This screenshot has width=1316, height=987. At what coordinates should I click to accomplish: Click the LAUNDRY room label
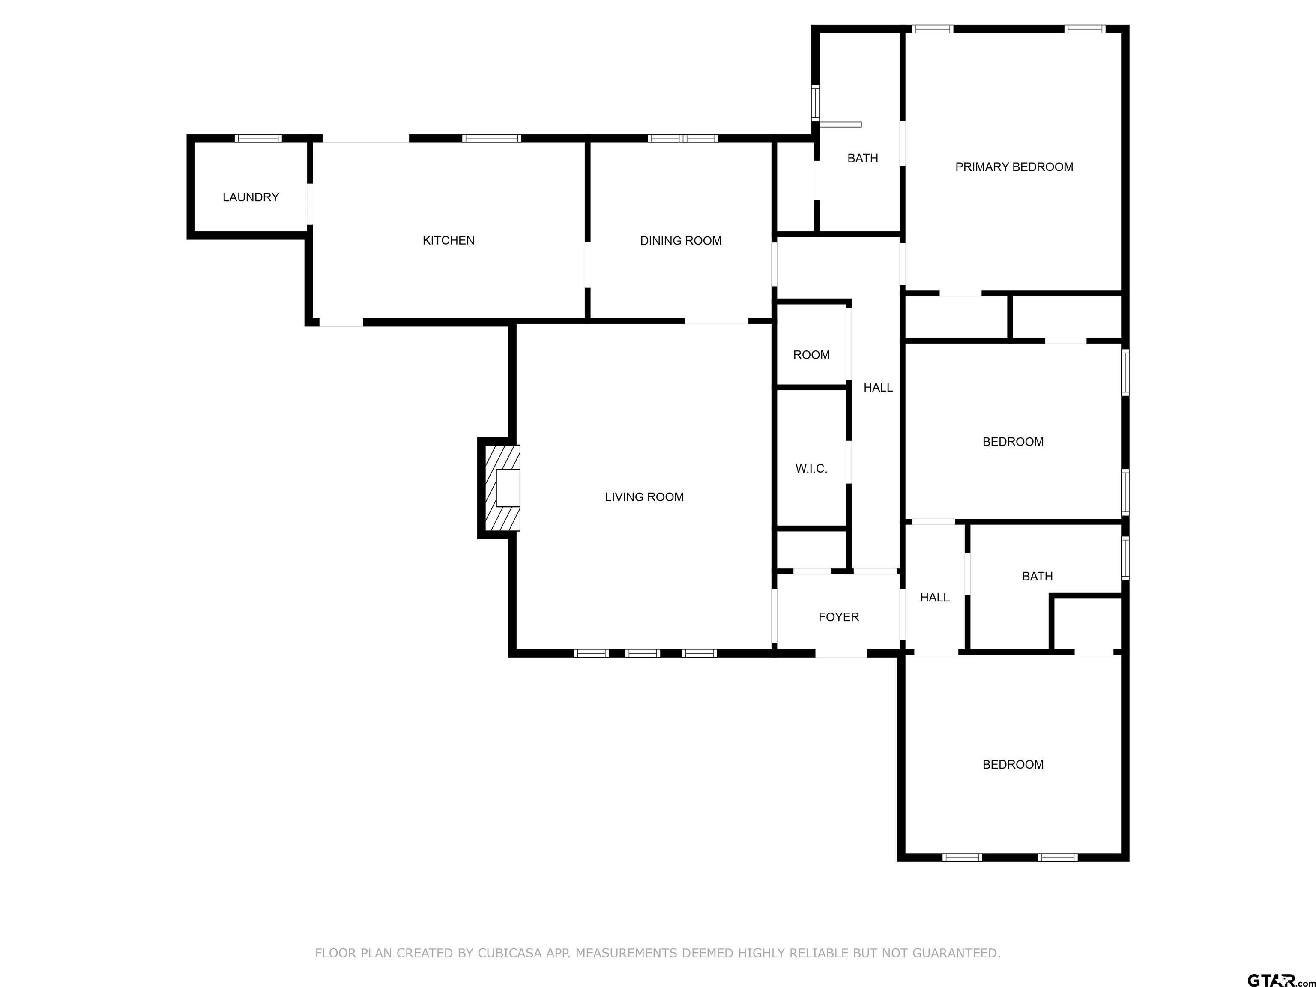[x=251, y=197]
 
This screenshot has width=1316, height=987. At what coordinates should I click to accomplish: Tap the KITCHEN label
[x=449, y=240]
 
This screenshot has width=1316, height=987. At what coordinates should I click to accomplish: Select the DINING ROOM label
[x=681, y=241]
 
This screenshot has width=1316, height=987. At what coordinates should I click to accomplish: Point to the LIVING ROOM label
[x=644, y=497]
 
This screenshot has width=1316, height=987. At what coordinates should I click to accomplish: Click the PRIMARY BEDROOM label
[x=1014, y=167]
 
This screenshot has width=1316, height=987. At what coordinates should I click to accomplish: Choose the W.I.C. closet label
[x=811, y=469]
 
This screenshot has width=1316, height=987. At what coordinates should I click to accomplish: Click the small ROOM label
[x=811, y=355]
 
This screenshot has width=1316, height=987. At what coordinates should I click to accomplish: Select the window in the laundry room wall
[x=258, y=138]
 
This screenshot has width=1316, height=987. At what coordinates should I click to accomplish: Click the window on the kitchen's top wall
[x=492, y=138]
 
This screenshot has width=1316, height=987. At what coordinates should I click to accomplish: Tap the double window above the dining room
[x=683, y=138]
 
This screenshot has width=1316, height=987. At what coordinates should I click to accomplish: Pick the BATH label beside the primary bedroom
[x=863, y=158]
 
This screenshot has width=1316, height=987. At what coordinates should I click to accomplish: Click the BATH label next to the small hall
[x=1038, y=577]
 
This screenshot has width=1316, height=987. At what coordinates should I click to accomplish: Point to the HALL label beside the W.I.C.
[x=878, y=388]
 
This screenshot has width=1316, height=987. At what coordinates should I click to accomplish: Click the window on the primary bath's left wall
[x=816, y=103]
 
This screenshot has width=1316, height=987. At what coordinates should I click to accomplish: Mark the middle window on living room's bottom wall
[x=643, y=653]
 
